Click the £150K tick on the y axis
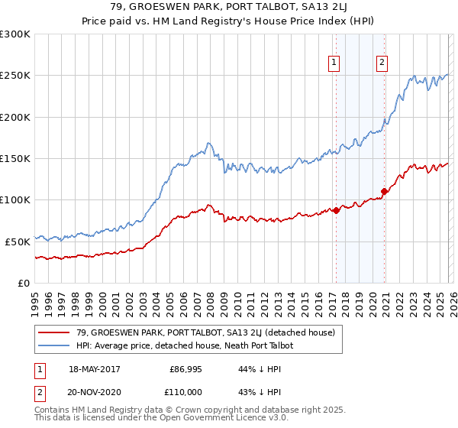15,159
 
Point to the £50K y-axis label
18,242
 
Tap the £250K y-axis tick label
15,76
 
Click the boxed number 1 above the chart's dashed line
334,63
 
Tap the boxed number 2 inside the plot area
382,63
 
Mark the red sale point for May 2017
336,211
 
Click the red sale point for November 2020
384,192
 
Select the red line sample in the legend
55,332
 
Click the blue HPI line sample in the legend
55,345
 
